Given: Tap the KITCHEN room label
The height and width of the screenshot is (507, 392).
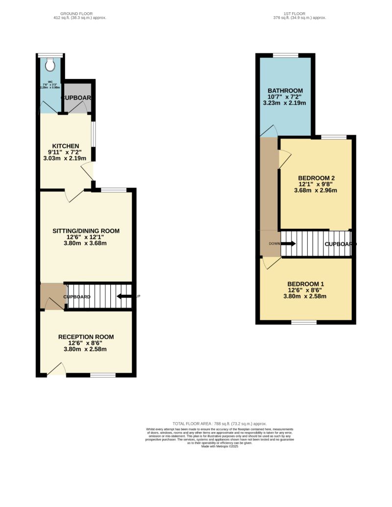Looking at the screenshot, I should tap(66, 146).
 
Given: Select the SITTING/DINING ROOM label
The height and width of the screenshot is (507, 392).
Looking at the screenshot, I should tap(86, 231).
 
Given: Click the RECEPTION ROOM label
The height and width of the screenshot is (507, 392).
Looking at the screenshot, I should tap(86, 337).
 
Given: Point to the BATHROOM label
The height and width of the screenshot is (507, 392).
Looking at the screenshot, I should tap(285, 91).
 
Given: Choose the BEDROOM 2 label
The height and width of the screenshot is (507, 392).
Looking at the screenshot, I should tap(316, 178).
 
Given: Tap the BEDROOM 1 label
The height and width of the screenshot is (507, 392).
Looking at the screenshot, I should tap(305, 284).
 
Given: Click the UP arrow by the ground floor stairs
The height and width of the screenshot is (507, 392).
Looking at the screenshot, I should tap(124, 296).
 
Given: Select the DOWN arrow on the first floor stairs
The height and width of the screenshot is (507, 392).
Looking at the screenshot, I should tap(289, 243).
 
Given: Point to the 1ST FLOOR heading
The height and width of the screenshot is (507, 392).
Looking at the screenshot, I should tap(299, 13).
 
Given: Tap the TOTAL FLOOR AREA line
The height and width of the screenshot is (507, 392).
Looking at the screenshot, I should tap(220, 423).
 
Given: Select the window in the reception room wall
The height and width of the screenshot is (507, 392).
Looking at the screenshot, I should tap(102, 375).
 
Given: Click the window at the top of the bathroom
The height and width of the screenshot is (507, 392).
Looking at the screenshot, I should tap(285, 55).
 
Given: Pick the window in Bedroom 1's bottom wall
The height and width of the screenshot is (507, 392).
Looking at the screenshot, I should tap(304, 322).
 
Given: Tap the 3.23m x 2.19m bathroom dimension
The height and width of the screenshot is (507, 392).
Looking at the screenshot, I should tap(285, 103).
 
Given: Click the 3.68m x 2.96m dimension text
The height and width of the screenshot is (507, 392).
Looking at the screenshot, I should tap(316, 191).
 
